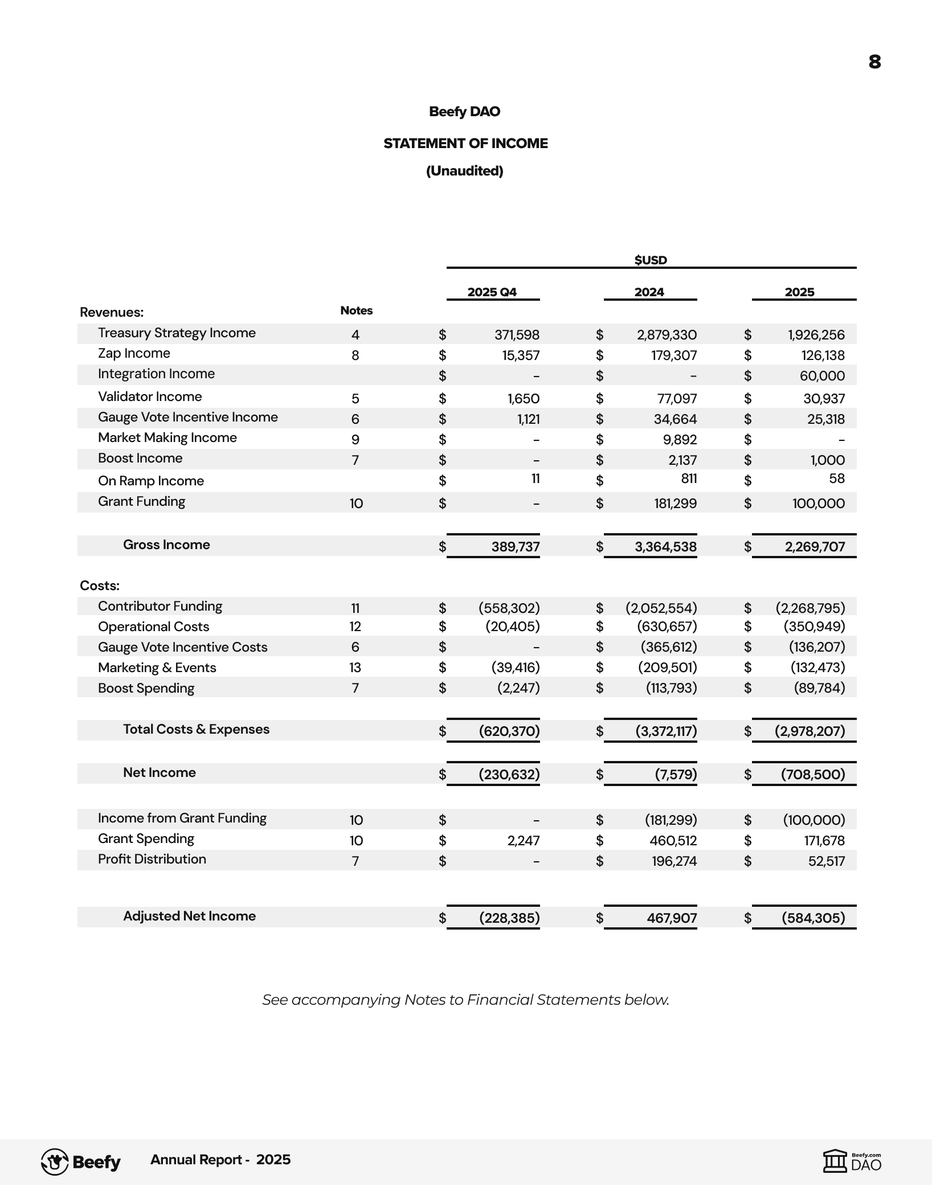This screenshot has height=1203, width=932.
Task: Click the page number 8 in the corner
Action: (874, 62)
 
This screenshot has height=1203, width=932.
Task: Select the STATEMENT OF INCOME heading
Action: (465, 144)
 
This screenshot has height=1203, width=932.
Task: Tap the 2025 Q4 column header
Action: (492, 292)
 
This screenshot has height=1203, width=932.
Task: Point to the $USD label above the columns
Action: (651, 260)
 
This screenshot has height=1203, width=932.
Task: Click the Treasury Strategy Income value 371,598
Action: (517, 335)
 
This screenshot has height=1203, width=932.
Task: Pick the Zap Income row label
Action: (134, 353)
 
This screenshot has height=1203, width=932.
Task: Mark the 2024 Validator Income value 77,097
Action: (677, 399)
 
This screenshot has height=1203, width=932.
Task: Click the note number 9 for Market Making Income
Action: (355, 440)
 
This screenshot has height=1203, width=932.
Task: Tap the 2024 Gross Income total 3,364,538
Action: (665, 547)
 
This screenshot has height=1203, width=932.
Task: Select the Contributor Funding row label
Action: (160, 606)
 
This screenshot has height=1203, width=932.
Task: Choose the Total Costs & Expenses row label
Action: (196, 729)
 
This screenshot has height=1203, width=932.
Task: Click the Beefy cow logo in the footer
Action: (55, 1162)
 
